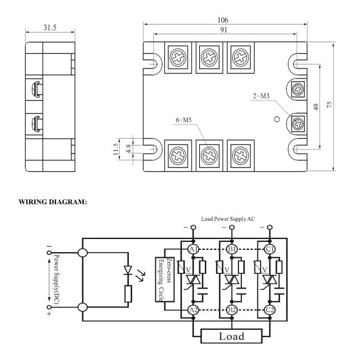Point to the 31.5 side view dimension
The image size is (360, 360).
[50, 27]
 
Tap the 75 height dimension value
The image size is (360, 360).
[330, 106]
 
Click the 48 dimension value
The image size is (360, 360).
[317, 106]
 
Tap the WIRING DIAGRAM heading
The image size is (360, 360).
[52, 201]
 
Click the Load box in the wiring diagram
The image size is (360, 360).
[232, 336]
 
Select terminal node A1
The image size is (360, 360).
[193, 249]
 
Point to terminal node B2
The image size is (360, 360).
[232, 310]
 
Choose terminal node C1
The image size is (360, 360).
[270, 249]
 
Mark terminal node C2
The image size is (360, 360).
[270, 310]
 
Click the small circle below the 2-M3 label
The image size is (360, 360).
[277, 119]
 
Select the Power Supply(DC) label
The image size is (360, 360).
[56, 279]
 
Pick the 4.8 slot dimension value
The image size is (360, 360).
[129, 149]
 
